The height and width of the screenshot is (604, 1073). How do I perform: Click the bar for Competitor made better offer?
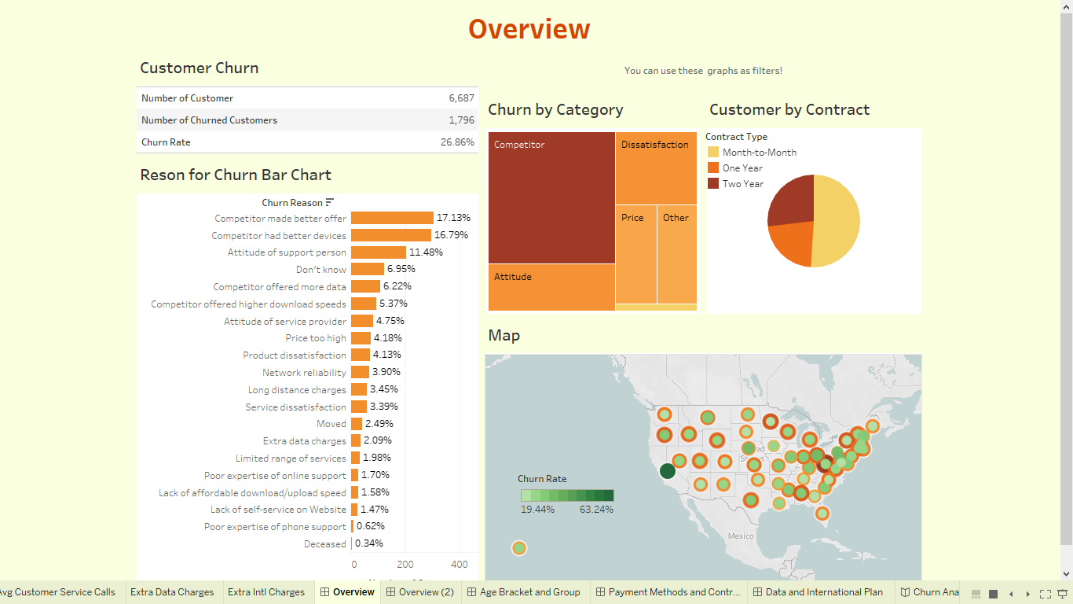[392, 218]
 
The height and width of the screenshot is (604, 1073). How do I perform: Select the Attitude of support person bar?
[378, 252]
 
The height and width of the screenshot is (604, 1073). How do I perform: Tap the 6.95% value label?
[401, 269]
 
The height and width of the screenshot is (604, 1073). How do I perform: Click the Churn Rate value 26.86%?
[457, 142]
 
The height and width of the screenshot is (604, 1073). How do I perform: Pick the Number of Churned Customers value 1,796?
[461, 120]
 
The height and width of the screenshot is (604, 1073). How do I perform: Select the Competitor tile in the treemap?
[551, 197]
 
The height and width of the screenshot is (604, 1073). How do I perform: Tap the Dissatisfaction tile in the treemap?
[655, 168]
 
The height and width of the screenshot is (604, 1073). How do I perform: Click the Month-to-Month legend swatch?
[713, 153]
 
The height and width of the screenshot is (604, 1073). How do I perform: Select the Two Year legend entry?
[742, 184]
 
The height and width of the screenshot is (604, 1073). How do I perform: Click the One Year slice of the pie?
[789, 242]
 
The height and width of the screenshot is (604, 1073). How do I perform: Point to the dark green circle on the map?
[668, 471]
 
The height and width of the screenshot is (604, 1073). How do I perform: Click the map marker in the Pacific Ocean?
[518, 548]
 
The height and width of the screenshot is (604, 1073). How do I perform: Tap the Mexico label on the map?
[740, 536]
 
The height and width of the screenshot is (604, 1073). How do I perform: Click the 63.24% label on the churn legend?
[596, 510]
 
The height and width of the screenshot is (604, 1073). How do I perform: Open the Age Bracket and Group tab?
[529, 592]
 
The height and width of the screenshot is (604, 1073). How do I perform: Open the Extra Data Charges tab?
[172, 592]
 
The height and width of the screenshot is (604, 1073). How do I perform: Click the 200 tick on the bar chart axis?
[405, 565]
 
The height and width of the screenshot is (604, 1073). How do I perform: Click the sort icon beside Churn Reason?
[330, 203]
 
